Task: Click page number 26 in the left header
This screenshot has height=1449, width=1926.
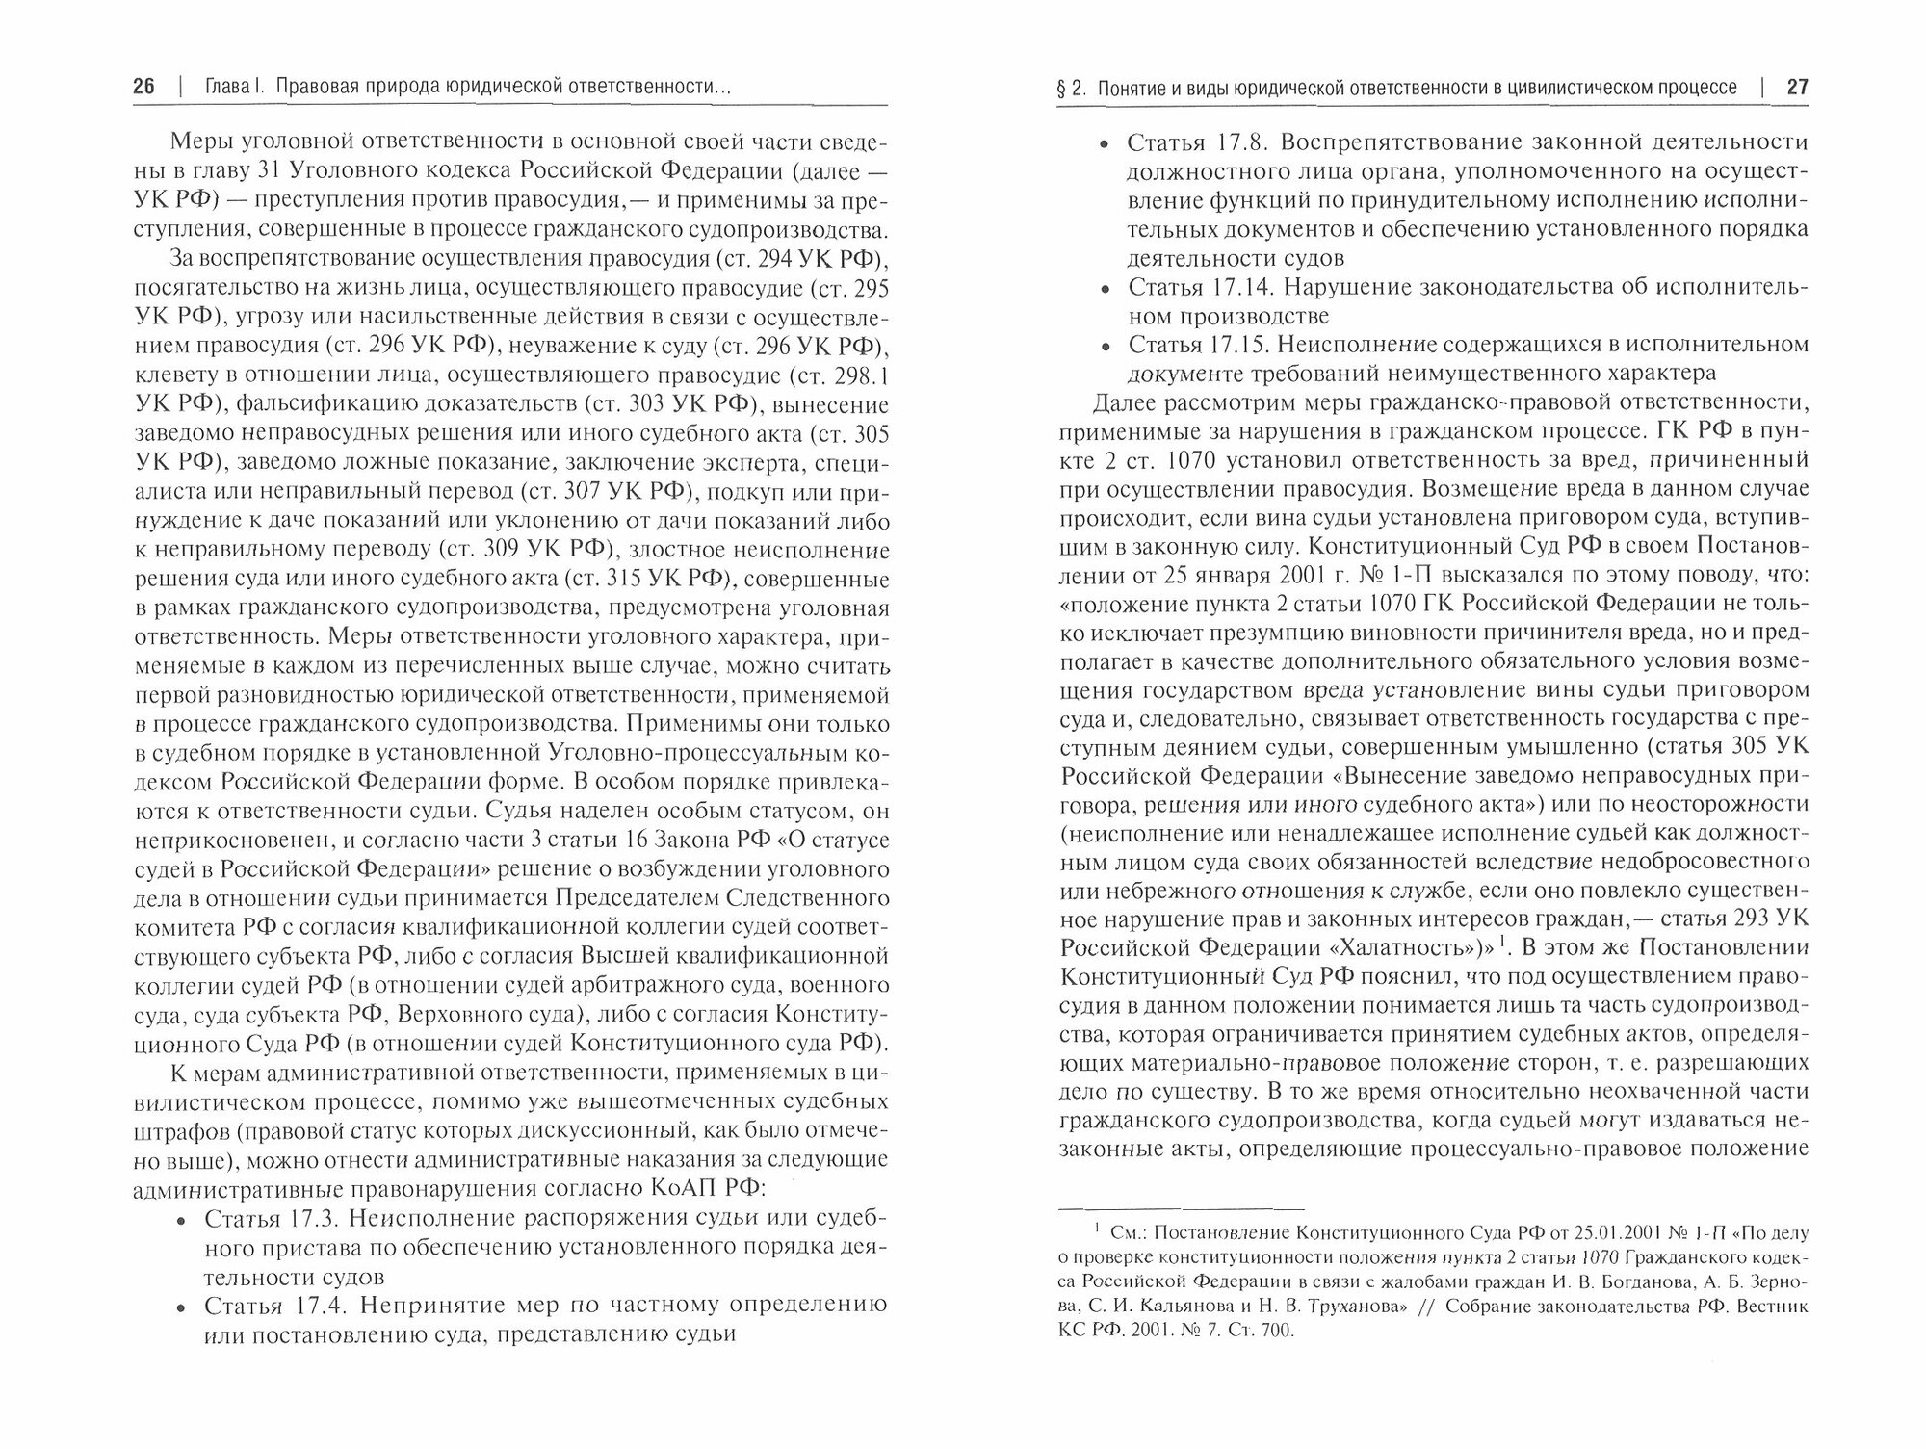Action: pyautogui.click(x=143, y=88)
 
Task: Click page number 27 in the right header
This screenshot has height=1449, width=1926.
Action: pyautogui.click(x=1797, y=88)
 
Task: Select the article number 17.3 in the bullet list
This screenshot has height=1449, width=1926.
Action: pyautogui.click(x=310, y=1219)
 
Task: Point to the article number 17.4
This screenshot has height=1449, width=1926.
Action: pyautogui.click(x=310, y=1306)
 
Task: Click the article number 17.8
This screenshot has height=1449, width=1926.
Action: pyautogui.click(x=1236, y=143)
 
